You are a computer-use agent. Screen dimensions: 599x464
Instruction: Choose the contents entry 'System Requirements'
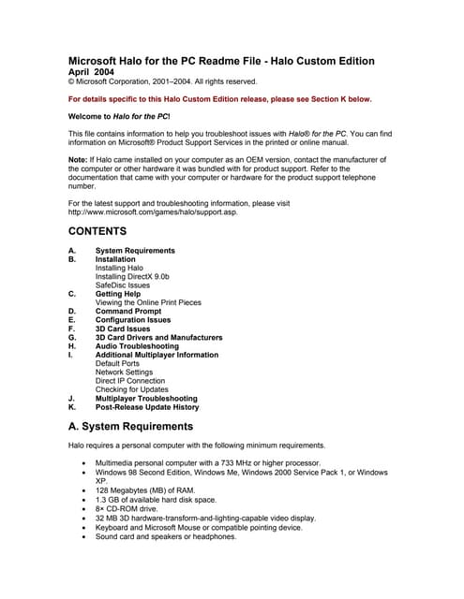[135, 251]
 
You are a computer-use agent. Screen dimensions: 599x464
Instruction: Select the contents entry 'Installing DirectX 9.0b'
[132, 277]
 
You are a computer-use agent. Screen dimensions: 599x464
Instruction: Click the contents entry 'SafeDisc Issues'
[122, 285]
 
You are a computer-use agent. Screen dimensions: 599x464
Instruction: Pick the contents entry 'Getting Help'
[118, 294]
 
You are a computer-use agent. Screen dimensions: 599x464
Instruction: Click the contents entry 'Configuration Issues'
[133, 320]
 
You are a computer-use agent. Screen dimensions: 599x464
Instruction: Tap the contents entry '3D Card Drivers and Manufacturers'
[158, 338]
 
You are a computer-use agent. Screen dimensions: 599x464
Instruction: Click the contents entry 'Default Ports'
[118, 364]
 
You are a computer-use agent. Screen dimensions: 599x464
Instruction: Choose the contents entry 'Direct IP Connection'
[130, 381]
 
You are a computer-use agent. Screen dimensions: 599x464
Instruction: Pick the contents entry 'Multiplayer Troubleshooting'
[146, 399]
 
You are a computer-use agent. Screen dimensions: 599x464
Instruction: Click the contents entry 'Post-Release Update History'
[147, 408]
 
